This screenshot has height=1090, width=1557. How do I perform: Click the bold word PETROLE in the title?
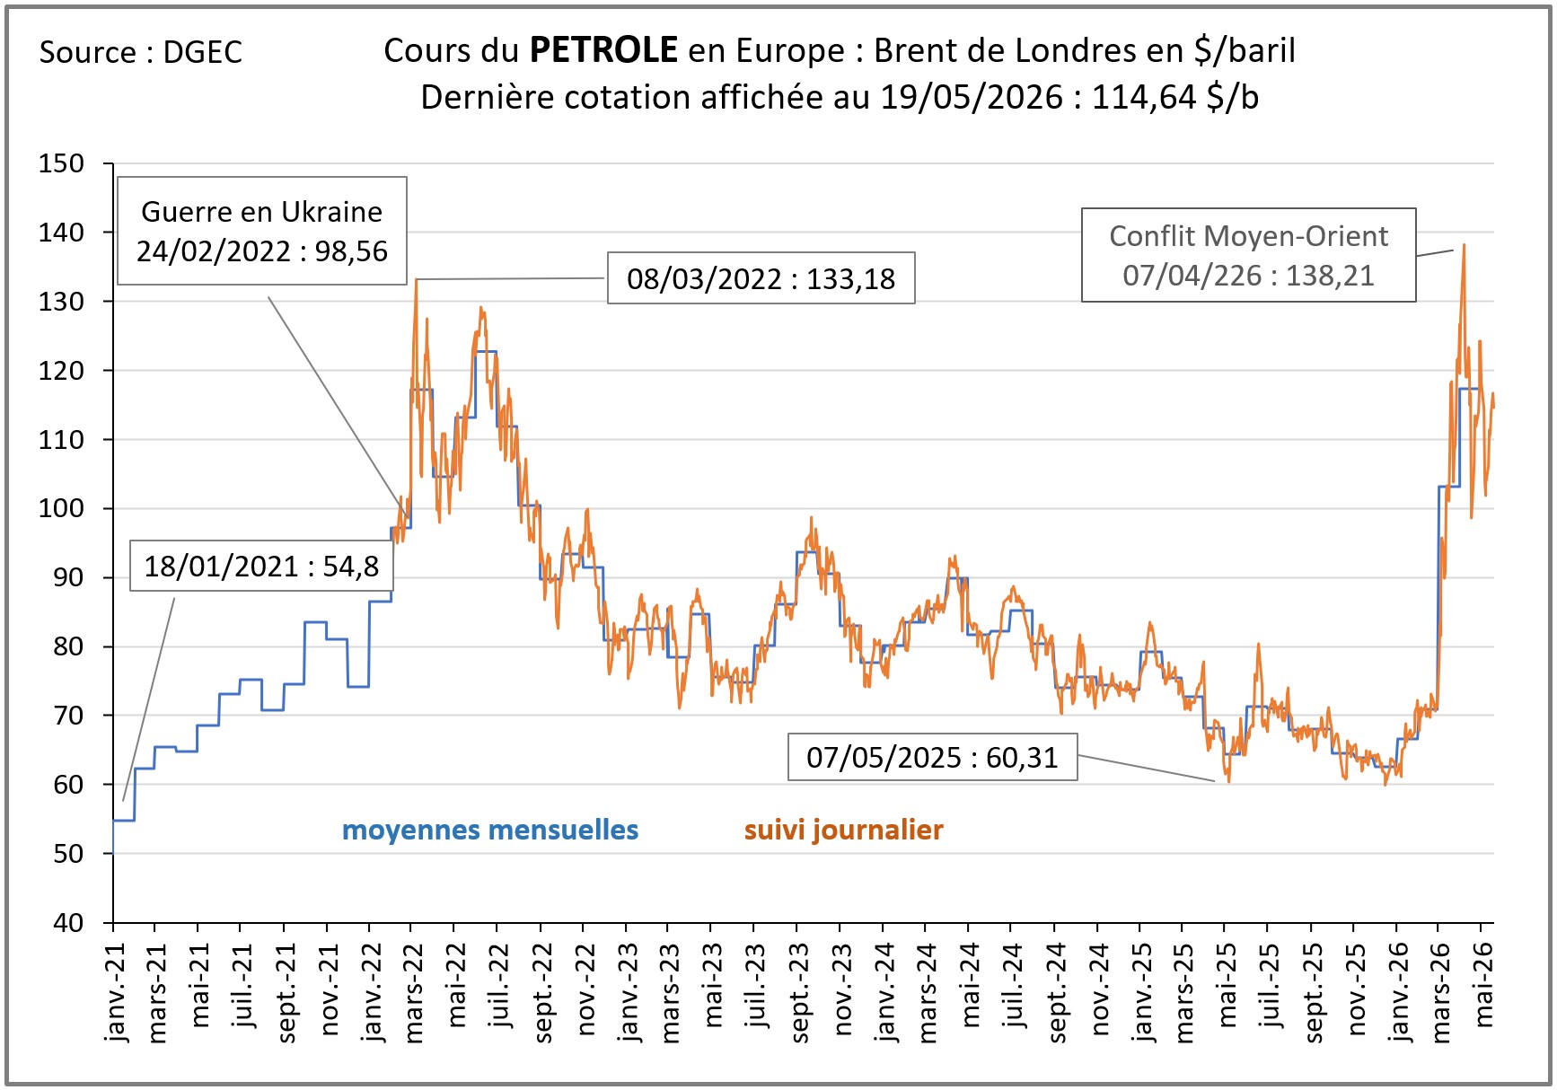[x=603, y=50]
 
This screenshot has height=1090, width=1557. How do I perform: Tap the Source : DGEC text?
[x=141, y=52]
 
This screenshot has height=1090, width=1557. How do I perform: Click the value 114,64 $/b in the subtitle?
[x=1174, y=97]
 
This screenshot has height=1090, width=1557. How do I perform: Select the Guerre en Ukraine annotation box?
[x=262, y=231]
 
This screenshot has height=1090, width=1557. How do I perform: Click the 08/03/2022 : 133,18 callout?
[x=761, y=278]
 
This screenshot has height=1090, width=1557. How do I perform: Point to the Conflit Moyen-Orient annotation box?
[x=1249, y=255]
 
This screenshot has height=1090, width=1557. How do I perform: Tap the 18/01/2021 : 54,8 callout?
[x=261, y=566]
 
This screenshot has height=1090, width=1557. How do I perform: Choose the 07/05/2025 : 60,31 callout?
[x=932, y=757]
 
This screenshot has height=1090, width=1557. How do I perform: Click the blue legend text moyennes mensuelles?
[x=490, y=830]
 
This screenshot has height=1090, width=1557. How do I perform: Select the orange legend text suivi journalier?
[x=844, y=830]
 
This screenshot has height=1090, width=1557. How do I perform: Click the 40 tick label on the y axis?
[x=68, y=922]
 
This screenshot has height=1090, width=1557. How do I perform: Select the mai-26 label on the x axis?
[x=1484, y=985]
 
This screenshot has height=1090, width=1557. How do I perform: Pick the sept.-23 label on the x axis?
[x=800, y=993]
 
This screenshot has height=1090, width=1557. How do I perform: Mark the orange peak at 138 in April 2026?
[x=1464, y=245]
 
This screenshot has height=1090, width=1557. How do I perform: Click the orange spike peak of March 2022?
[x=416, y=280]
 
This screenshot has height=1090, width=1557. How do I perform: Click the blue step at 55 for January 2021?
[x=124, y=820]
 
